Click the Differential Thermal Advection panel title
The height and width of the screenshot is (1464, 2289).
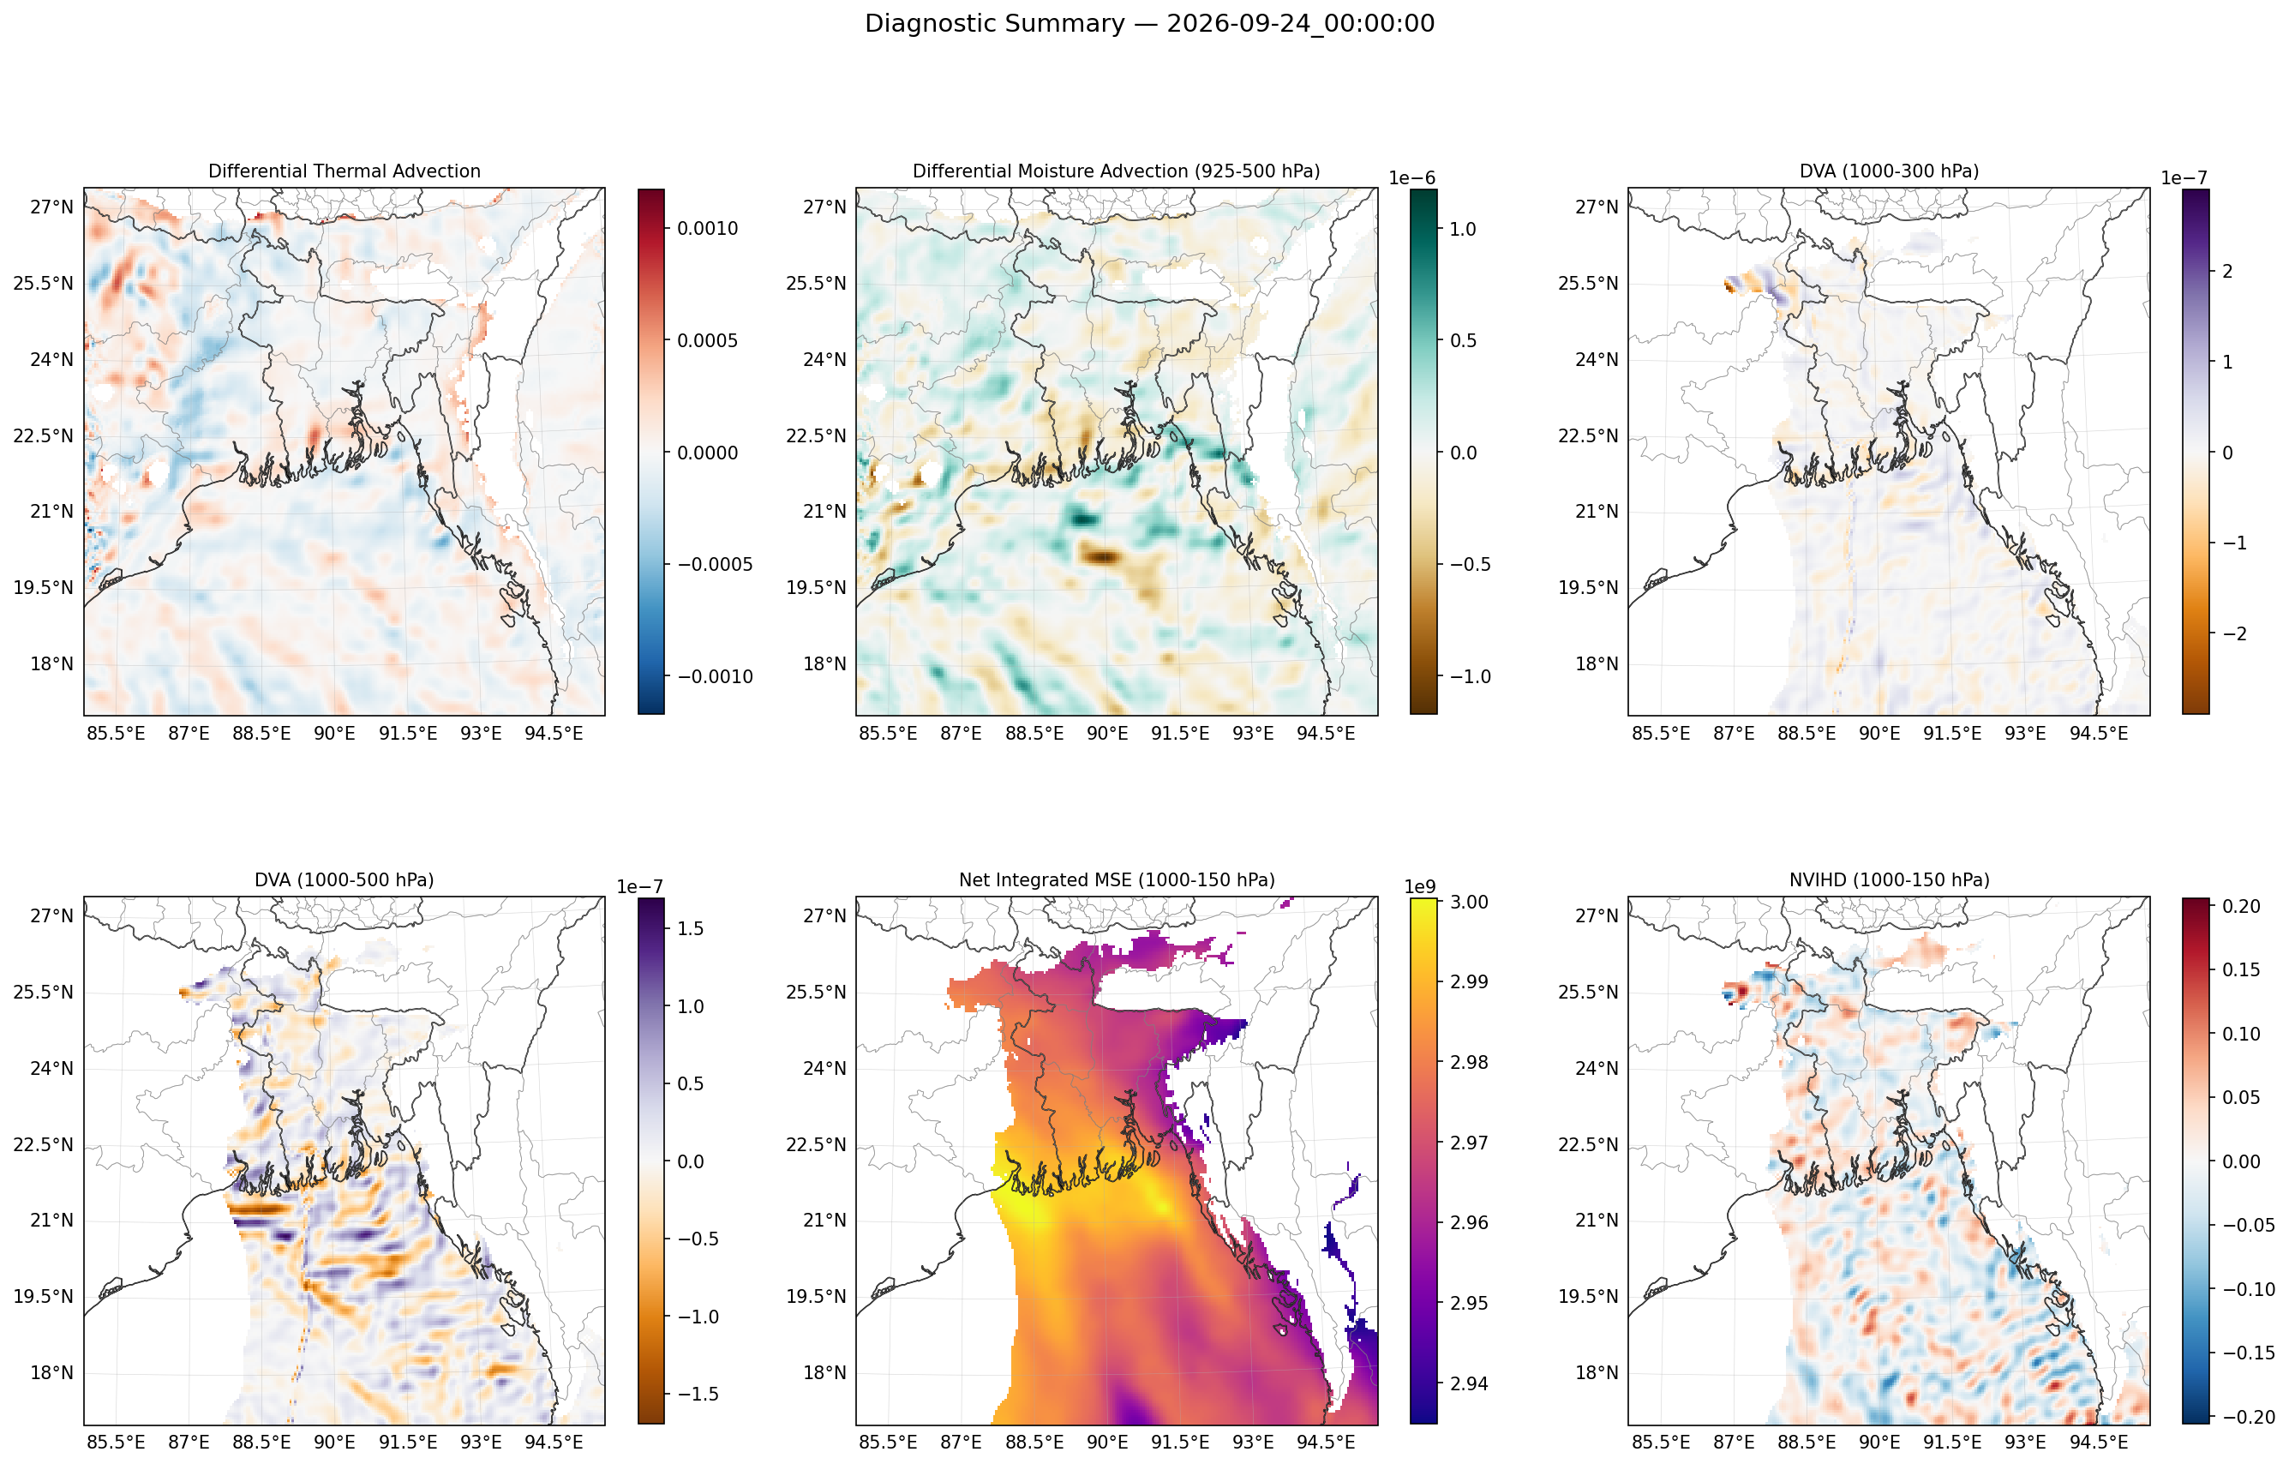tap(345, 171)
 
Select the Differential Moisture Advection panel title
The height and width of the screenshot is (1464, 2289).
tap(1116, 171)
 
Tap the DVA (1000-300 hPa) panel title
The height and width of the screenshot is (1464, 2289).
tap(1889, 171)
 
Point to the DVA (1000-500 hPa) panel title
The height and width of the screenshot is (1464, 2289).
tap(345, 880)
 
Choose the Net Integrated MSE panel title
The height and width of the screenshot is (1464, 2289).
tap(1117, 880)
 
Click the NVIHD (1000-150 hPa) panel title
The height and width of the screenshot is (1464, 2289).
tap(1889, 880)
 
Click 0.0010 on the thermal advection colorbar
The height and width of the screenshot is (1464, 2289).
tap(707, 228)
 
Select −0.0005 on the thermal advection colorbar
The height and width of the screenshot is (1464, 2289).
tap(714, 565)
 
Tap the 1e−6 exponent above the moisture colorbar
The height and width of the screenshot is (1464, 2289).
tap(1411, 179)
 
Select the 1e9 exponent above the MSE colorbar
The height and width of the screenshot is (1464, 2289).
tap(1420, 888)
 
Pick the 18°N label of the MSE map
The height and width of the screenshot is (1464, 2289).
tap(824, 1373)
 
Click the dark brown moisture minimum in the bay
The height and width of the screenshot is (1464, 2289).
tap(1103, 556)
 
